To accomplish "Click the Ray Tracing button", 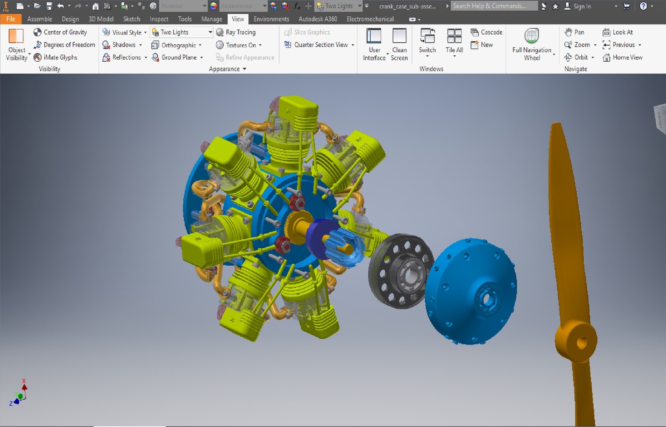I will click(236, 32).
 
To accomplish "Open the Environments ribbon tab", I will click(271, 19).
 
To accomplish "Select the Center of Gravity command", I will click(60, 32).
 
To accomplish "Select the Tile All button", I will click(454, 41).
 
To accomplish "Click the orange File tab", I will click(11, 19).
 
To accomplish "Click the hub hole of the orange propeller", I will click(581, 343).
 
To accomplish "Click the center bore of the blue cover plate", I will click(486, 299).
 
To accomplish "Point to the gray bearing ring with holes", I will click(400, 271).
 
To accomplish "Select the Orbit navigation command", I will click(579, 57).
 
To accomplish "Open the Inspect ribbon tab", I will click(159, 19).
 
